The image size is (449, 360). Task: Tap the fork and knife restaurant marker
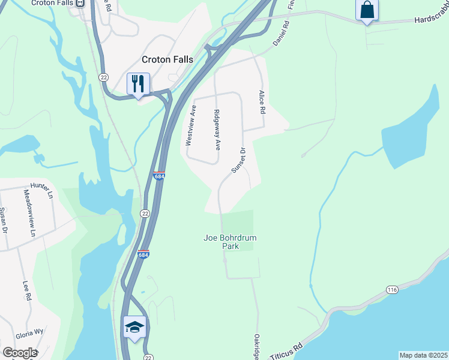tap(138, 83)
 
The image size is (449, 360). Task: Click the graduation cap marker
tap(134, 327)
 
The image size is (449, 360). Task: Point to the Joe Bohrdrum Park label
tap(230, 242)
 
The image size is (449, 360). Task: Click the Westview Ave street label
tap(191, 126)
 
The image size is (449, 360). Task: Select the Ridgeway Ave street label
tap(218, 130)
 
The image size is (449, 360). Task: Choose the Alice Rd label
tap(262, 103)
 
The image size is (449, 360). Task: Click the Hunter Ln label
tap(42, 188)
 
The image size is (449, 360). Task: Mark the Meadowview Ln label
tap(29, 212)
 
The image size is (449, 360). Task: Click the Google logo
tap(19, 353)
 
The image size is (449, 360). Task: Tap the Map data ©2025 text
tap(424, 355)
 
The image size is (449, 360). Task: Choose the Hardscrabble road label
tap(431, 20)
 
